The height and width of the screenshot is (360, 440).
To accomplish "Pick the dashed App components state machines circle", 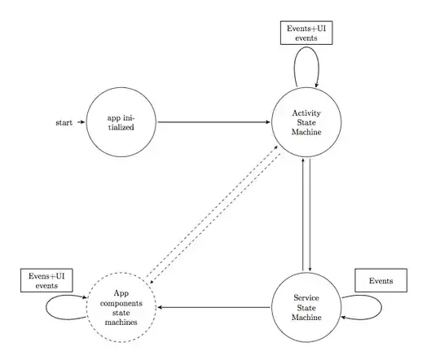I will pyautogui.click(x=121, y=307).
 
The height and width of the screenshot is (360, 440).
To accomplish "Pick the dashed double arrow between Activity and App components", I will pyautogui.click(x=213, y=213).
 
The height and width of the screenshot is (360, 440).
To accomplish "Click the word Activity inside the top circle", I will pyautogui.click(x=302, y=112).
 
